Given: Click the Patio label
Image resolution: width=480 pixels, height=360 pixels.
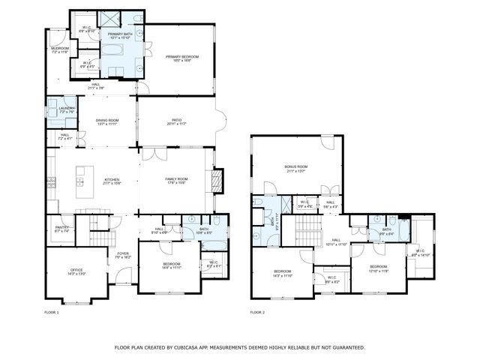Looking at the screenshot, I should [176, 119].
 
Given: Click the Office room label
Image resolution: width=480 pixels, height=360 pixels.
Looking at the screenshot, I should [76, 269].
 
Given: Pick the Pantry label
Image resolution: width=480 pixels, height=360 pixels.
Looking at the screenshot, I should [61, 226].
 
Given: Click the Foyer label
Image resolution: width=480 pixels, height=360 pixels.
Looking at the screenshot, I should [122, 253].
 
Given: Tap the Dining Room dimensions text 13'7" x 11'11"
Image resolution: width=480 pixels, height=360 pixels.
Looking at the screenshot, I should [107, 124].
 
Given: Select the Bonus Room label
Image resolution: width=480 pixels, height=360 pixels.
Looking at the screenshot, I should [296, 166].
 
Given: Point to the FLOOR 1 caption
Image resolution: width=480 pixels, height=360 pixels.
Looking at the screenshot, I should [52, 312].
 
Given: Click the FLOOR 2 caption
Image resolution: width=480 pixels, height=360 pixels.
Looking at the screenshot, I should [257, 312].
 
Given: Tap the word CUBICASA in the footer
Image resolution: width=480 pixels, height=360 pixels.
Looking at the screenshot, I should [187, 347].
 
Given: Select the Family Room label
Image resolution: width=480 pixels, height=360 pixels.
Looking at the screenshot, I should [176, 179].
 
